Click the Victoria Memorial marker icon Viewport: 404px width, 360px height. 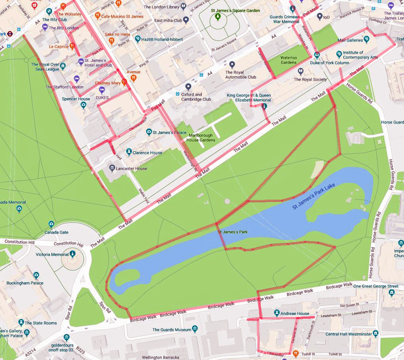click(x=73, y=254)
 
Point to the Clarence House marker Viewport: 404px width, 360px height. click(x=129, y=152)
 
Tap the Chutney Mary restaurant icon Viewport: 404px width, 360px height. click(x=124, y=82)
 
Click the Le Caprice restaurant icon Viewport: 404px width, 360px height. click(x=72, y=46)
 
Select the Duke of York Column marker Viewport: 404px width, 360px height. click(x=317, y=56)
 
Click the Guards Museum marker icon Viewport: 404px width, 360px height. click(x=195, y=329)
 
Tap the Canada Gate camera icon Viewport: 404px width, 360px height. click(x=51, y=225)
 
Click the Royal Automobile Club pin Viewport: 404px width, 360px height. click(x=232, y=65)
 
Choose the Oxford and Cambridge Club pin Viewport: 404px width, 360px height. click(x=188, y=87)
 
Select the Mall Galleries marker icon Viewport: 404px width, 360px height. click(x=366, y=40)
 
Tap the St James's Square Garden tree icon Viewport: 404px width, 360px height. click(x=217, y=17)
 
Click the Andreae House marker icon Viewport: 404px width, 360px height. click(x=276, y=313)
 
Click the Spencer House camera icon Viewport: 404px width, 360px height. click(x=83, y=105)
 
